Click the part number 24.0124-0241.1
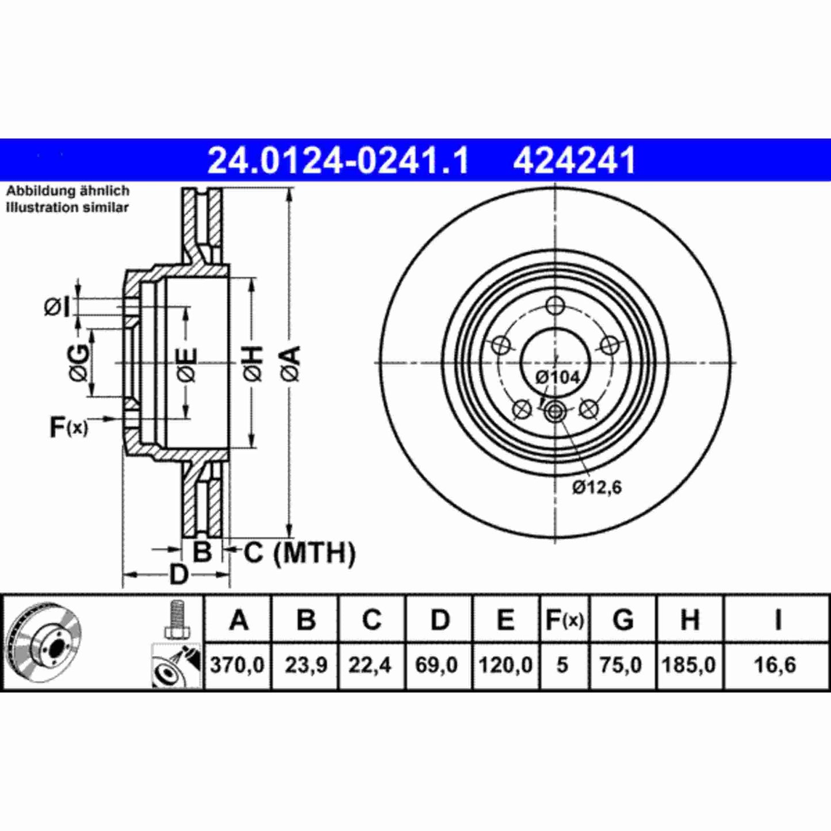click(338, 160)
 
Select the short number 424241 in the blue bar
click(574, 160)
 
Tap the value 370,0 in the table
click(237, 665)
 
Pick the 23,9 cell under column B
click(305, 665)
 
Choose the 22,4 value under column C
click(370, 665)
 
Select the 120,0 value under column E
click(505, 665)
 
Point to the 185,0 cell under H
click(688, 665)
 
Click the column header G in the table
click(623, 620)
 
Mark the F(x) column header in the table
click(564, 620)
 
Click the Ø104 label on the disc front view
click(557, 377)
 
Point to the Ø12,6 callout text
click(596, 488)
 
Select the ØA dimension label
click(291, 363)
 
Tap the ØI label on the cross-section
click(57, 307)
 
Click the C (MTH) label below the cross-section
click(299, 553)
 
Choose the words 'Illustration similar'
click(67, 208)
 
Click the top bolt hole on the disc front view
click(555, 305)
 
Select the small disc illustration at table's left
click(43, 643)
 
